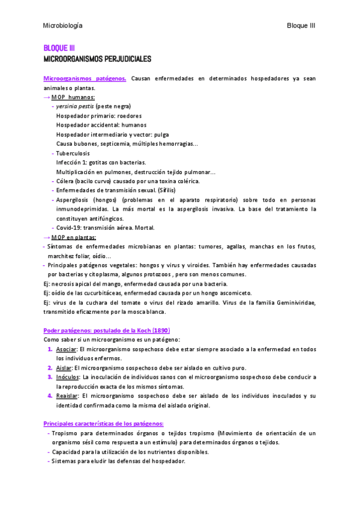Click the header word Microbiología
(63, 26)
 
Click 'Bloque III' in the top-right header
(301, 26)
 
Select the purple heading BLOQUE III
(59, 48)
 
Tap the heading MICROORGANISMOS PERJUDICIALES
(98, 59)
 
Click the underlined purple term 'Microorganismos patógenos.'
(85, 79)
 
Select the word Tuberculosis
(73, 153)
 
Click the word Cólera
(67, 181)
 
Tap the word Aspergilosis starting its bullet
(74, 199)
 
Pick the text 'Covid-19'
(69, 227)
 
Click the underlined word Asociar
(65, 349)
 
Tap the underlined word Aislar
(64, 368)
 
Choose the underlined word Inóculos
(68, 377)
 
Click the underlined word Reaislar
(68, 396)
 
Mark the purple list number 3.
(50, 377)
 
